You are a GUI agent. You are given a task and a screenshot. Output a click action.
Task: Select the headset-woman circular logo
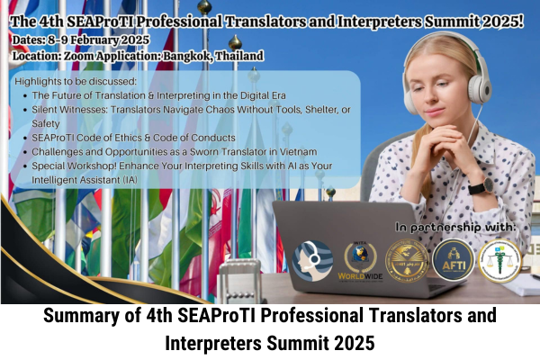(312, 261)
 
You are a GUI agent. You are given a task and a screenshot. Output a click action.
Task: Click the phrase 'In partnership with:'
(455, 227)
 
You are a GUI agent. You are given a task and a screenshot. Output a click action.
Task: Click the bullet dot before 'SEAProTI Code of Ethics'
(25, 138)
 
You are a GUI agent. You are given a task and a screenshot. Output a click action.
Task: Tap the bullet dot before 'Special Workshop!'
(25, 166)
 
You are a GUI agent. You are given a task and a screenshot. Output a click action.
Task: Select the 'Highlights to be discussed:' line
(76, 82)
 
